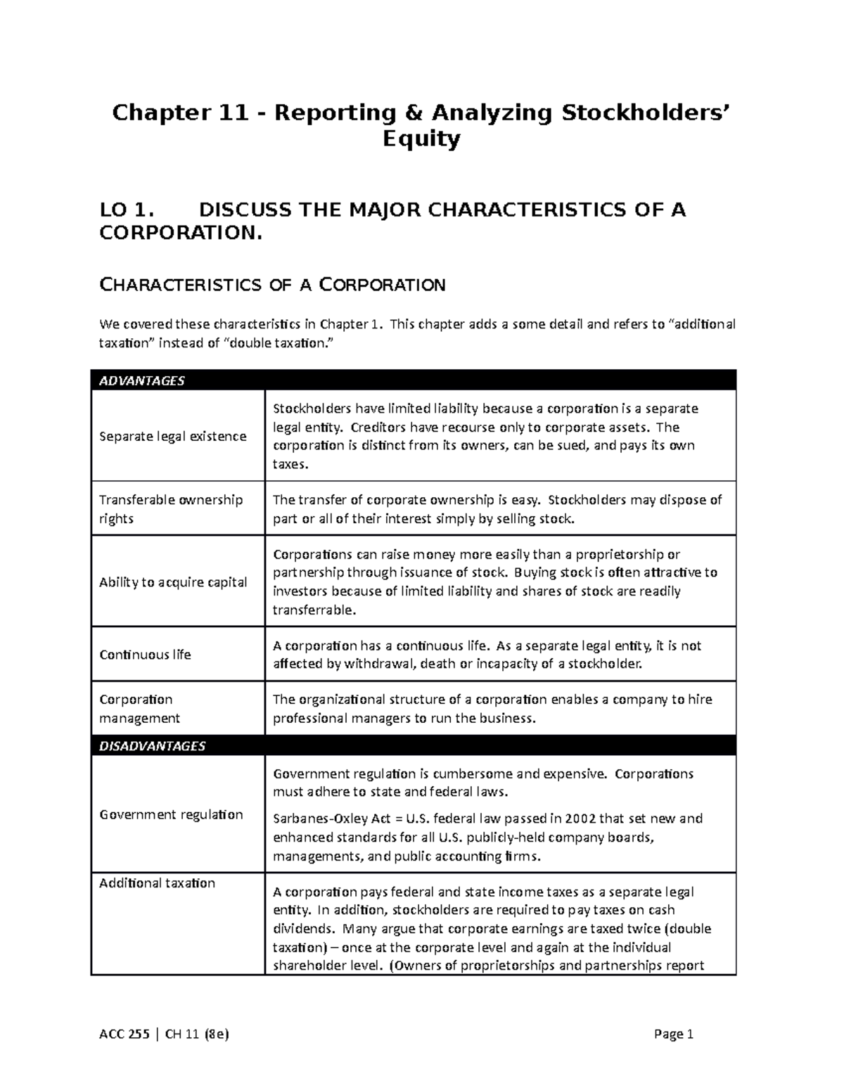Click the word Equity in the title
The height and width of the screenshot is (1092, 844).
tap(421, 140)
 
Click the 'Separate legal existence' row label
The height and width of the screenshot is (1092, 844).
tap(172, 437)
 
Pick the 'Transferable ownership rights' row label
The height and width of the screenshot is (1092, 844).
tap(171, 509)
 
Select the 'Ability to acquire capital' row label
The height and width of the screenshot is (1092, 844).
tap(173, 582)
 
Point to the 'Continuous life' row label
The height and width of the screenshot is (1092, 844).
tap(145, 655)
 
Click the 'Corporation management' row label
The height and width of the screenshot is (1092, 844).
tap(139, 709)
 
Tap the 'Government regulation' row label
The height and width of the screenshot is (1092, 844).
tap(171, 815)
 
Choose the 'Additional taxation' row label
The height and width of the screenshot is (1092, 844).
tap(157, 883)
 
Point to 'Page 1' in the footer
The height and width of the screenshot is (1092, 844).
tap(673, 1034)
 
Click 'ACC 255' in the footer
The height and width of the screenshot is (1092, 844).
tap(123, 1034)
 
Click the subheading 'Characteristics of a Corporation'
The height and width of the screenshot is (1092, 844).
tap(272, 285)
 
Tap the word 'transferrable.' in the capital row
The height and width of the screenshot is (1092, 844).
tap(314, 610)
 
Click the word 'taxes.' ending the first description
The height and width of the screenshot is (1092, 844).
tap(290, 465)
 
